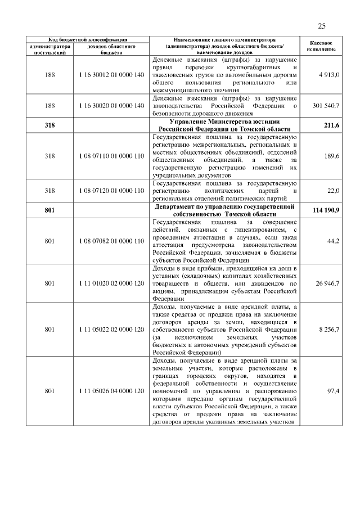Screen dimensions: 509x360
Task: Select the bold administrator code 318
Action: point(49,125)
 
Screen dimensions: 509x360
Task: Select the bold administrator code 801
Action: point(49,210)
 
